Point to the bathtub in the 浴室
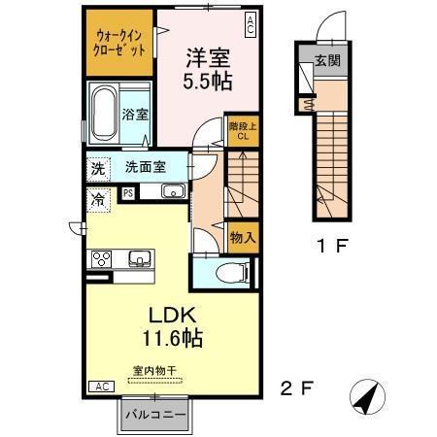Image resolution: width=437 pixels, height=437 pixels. click(x=104, y=115)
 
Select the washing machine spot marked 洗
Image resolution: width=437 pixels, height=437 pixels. click(x=98, y=167)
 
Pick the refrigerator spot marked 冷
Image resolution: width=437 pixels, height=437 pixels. click(x=99, y=199)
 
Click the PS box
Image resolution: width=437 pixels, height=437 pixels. click(x=127, y=193)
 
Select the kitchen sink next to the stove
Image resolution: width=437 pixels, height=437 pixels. click(x=139, y=258)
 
